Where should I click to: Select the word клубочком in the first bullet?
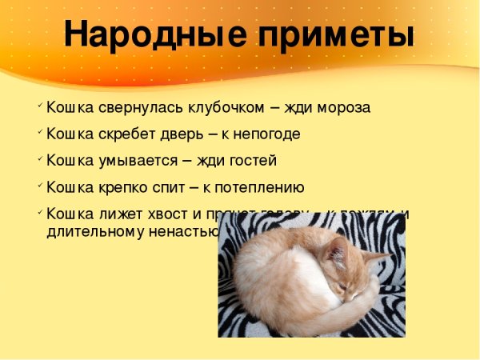tap(226, 107)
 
